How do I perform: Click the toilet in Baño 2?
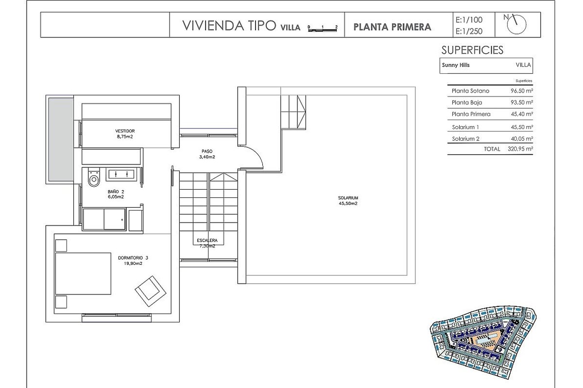(94, 177)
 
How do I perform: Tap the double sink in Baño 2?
(121, 174)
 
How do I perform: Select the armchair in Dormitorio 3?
(151, 291)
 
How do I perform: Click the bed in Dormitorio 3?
(83, 274)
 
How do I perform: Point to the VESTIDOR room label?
(125, 131)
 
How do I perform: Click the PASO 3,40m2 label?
(207, 154)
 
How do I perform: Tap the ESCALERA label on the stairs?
(207, 241)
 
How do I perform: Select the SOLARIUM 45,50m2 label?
(348, 201)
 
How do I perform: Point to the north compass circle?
(516, 25)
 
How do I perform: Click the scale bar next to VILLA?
(323, 29)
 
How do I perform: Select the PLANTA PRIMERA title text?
(392, 27)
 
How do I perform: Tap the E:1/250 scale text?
(469, 31)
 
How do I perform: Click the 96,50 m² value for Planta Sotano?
(522, 91)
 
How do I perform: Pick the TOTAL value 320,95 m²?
(520, 149)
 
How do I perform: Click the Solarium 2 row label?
(465, 139)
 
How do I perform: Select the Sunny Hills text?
(456, 65)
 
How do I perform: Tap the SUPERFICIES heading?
(472, 50)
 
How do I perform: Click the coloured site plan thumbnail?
(483, 342)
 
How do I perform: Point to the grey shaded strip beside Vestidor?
(61, 140)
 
